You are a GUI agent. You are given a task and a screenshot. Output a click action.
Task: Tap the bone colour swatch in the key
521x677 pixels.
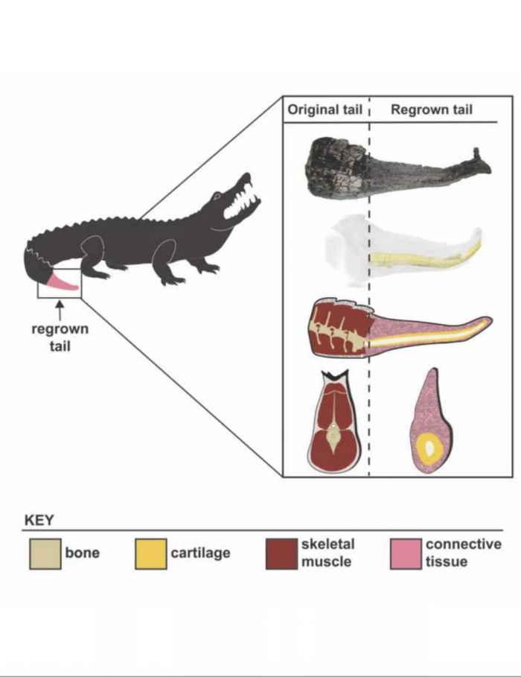tap(45, 553)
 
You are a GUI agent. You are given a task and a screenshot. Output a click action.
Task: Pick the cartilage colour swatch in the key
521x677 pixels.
tap(150, 553)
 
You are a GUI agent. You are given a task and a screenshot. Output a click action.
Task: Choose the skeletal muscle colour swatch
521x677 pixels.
tap(281, 553)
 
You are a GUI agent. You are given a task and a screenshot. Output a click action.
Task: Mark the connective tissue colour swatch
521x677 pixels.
tap(406, 553)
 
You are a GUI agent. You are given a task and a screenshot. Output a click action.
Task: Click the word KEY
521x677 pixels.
tap(39, 521)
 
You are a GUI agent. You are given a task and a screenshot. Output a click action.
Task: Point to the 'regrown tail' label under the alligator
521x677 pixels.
tap(60, 337)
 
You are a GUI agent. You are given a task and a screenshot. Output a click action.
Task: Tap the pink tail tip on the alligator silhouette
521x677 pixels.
tap(63, 283)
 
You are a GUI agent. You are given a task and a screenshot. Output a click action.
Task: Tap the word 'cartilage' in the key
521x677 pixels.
tap(200, 553)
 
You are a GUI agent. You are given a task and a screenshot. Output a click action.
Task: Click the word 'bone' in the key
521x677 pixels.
tap(82, 553)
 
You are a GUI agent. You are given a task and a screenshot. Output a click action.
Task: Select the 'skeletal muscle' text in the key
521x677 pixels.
tap(328, 553)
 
